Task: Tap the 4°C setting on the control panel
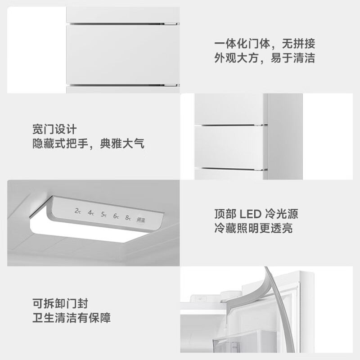91,212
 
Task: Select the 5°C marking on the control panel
103,214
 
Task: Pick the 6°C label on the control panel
116,216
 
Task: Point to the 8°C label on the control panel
128,219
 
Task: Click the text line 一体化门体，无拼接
264,44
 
